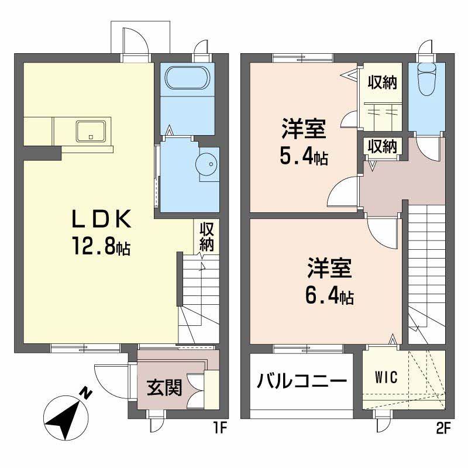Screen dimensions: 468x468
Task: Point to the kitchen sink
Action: tap(91, 130)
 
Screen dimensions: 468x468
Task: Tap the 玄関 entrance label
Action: tap(163, 387)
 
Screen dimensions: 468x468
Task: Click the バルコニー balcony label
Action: tap(302, 381)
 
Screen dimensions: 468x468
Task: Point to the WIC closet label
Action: tap(386, 377)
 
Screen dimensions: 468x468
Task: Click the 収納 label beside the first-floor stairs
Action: tap(205, 235)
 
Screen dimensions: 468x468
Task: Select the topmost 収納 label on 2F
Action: tap(382, 82)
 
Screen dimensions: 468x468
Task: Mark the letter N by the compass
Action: tap(86, 393)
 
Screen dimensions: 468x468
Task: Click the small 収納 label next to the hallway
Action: tap(382, 146)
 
